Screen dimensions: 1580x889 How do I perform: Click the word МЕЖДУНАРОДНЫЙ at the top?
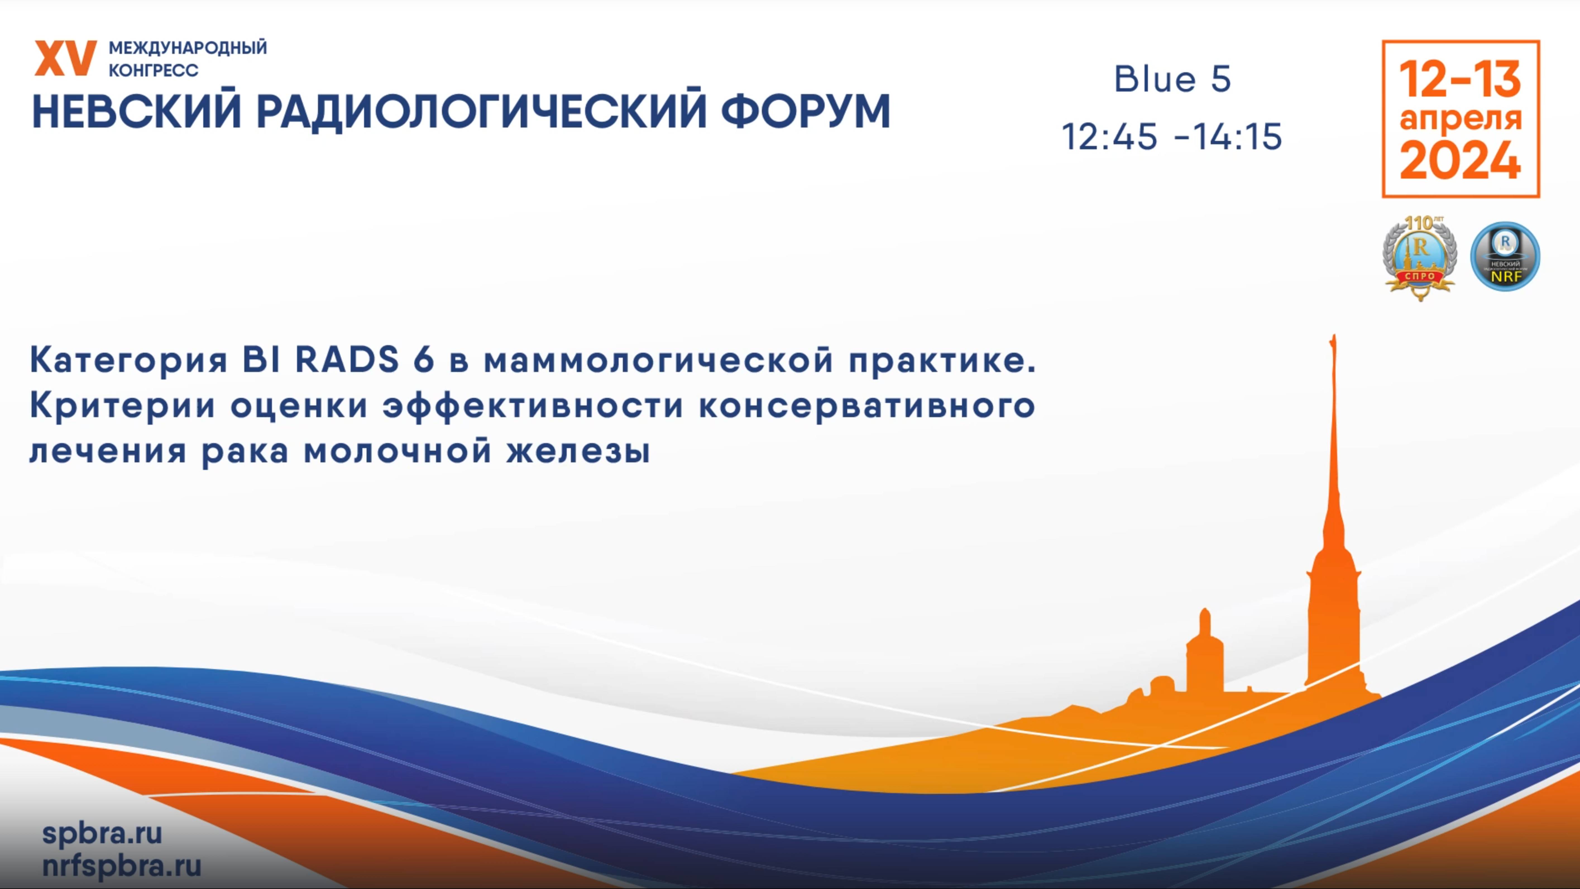pos(188,48)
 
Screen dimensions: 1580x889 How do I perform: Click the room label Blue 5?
pos(1173,79)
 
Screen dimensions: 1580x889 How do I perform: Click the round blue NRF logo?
pos(1505,256)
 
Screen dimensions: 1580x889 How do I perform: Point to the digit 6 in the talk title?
pos(423,360)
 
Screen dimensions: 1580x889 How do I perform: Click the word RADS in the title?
pos(347,360)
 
